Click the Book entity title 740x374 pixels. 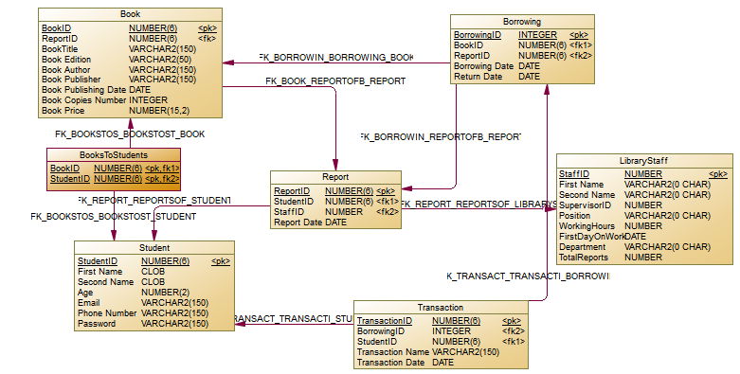pos(131,14)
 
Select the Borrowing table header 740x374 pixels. pos(522,21)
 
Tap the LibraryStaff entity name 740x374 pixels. pos(642,161)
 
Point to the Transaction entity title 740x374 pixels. pos(439,308)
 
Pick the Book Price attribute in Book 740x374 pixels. pos(64,111)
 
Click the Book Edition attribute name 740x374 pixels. pos(66,59)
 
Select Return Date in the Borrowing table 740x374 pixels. pos(478,77)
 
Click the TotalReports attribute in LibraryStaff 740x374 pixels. pos(586,257)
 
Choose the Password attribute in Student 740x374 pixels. pos(97,324)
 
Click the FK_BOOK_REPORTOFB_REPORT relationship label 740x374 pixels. pos(335,81)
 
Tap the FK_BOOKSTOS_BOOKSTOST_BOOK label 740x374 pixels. pos(130,134)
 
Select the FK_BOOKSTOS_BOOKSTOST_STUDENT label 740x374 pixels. pos(113,218)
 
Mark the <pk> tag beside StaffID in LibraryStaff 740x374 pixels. pos(718,174)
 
